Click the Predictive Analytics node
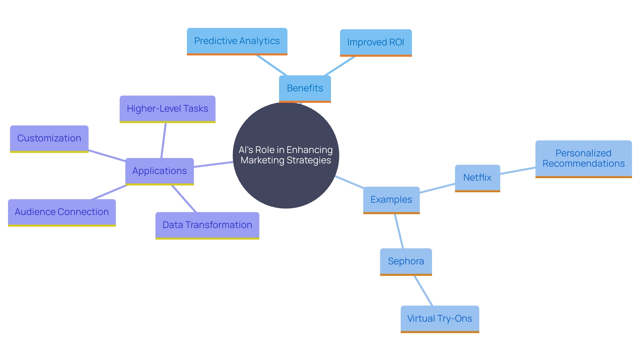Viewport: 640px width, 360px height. [237, 41]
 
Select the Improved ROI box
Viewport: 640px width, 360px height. [376, 42]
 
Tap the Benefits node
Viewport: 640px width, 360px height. [305, 88]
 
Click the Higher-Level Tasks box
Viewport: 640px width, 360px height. [167, 109]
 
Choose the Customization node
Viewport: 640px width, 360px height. [49, 138]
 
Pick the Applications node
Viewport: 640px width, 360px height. [159, 171]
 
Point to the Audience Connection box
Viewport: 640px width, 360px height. [62, 212]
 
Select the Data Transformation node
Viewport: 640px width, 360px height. [207, 225]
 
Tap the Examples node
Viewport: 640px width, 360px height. [391, 200]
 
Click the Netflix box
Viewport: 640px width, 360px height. [477, 178]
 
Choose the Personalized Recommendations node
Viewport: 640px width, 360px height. [583, 159]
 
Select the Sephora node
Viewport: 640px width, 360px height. [406, 261]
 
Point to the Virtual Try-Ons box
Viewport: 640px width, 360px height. [440, 319]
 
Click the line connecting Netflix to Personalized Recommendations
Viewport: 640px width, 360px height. [518, 170]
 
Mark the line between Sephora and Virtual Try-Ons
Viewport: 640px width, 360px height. [423, 290]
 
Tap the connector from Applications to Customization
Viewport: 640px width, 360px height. [107, 156]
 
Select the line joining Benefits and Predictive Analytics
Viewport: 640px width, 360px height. [271, 65]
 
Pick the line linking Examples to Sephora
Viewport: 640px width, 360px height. [399, 231]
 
